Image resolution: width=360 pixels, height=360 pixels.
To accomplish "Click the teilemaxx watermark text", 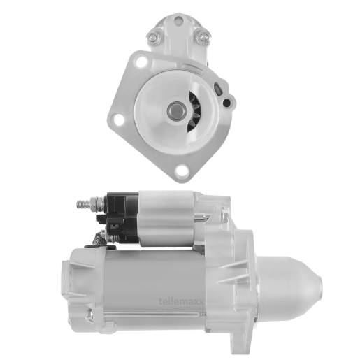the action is click(181, 301).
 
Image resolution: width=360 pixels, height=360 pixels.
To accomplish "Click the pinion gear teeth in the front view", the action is click(194, 111).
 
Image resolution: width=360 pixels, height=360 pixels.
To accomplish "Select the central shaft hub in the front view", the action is click(177, 110).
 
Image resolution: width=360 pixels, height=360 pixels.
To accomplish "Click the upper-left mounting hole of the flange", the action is click(141, 62).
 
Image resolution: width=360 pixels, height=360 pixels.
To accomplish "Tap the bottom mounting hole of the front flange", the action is click(182, 171).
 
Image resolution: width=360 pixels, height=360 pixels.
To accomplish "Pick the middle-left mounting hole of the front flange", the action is click(119, 120).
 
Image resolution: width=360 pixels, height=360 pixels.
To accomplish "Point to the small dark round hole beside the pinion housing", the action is click(226, 102).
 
